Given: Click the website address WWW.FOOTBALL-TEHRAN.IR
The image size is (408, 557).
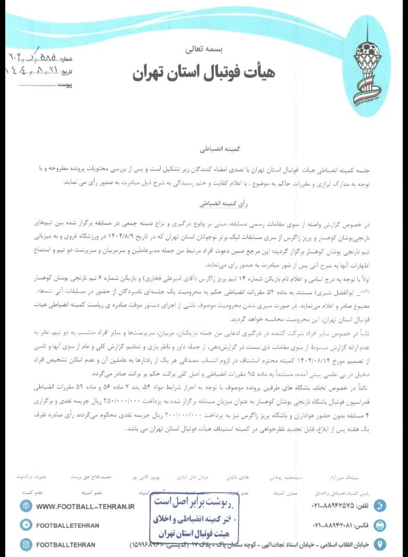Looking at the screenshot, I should (x=85, y=506).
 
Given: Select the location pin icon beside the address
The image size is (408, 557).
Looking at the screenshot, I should (x=380, y=544).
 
